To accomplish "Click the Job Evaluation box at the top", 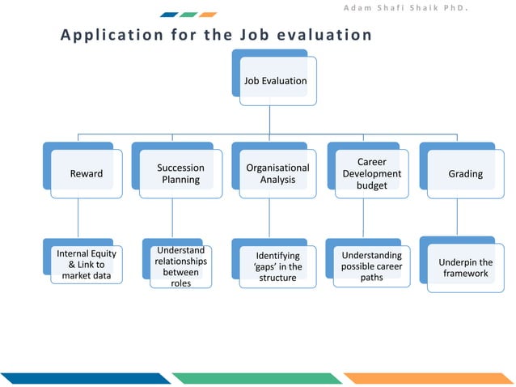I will (275, 81).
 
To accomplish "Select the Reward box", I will (87, 173).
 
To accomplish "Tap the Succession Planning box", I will (180, 173).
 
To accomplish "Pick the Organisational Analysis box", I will (277, 173).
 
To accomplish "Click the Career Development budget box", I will (371, 173).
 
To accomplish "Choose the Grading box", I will (465, 173).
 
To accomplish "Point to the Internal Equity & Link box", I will (87, 266).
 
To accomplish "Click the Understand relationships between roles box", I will (180, 266).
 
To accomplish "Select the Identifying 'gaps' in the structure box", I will (277, 266).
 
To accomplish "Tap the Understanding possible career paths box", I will (371, 266).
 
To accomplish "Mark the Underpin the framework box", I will (465, 267).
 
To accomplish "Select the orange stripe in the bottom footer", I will (429, 378).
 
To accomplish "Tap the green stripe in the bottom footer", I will (257, 378).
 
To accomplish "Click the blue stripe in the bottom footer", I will (85, 378).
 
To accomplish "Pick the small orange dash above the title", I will (208, 15).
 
